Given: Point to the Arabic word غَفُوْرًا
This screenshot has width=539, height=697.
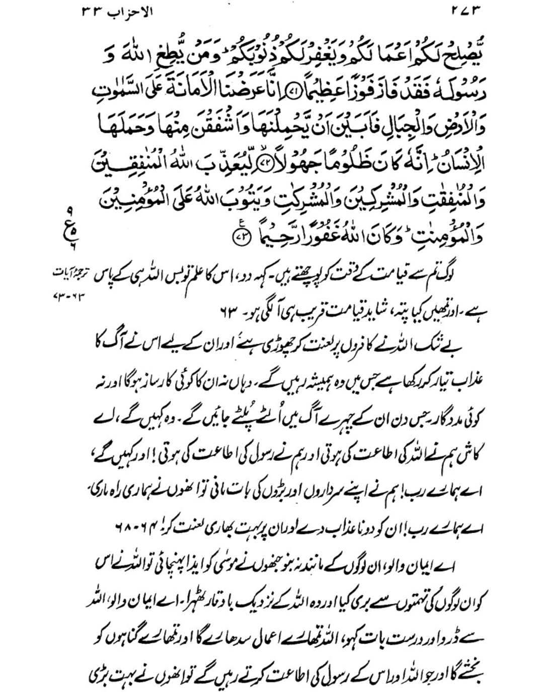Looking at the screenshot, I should (311, 235).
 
